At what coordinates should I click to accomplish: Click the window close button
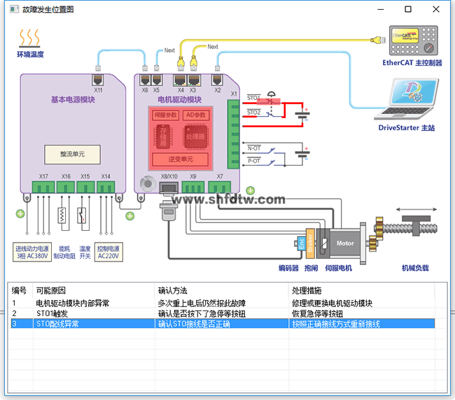click(x=435, y=9)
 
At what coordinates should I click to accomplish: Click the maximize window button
click(x=408, y=9)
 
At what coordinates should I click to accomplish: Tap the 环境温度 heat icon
click(x=29, y=38)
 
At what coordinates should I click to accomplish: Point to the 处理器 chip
click(x=197, y=137)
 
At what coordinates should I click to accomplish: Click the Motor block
click(x=345, y=243)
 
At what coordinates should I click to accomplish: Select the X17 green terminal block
click(x=43, y=187)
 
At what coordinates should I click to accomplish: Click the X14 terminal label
click(x=106, y=176)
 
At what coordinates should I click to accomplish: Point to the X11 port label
click(x=98, y=90)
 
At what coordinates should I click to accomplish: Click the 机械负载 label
click(x=414, y=268)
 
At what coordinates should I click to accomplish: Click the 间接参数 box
click(x=166, y=115)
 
